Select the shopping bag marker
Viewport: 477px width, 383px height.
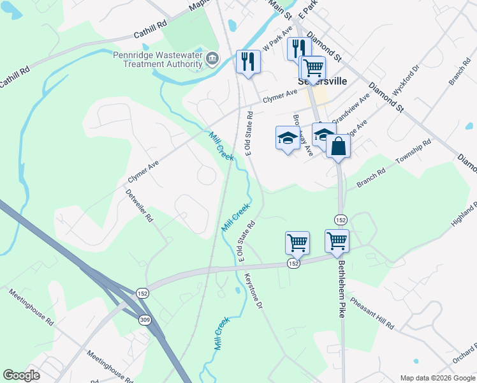click(338, 147)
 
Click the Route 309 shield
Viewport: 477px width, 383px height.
click(146, 319)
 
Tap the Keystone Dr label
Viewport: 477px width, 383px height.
click(253, 292)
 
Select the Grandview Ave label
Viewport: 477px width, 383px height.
click(351, 109)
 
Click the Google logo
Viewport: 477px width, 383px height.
click(22, 375)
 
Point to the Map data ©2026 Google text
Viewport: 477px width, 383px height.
click(437, 378)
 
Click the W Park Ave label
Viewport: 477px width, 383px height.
click(278, 40)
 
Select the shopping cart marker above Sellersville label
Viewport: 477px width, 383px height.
click(312, 67)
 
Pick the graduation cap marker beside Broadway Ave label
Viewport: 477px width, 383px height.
click(288, 137)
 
